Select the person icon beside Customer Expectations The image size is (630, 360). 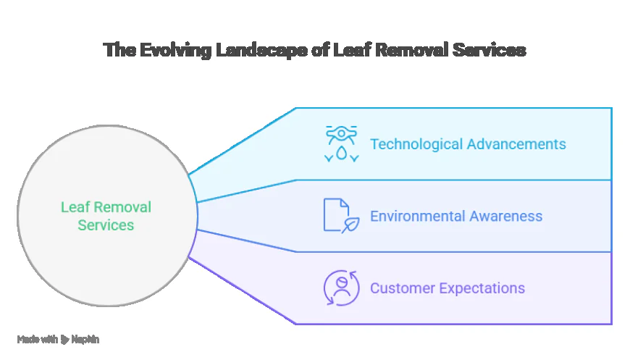(341, 288)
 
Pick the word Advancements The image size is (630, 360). (516, 143)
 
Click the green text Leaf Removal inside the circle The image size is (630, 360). (106, 207)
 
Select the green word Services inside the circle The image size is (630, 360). (106, 225)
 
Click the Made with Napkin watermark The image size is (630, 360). (58, 339)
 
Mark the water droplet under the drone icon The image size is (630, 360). (341, 154)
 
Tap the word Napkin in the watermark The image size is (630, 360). (85, 339)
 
